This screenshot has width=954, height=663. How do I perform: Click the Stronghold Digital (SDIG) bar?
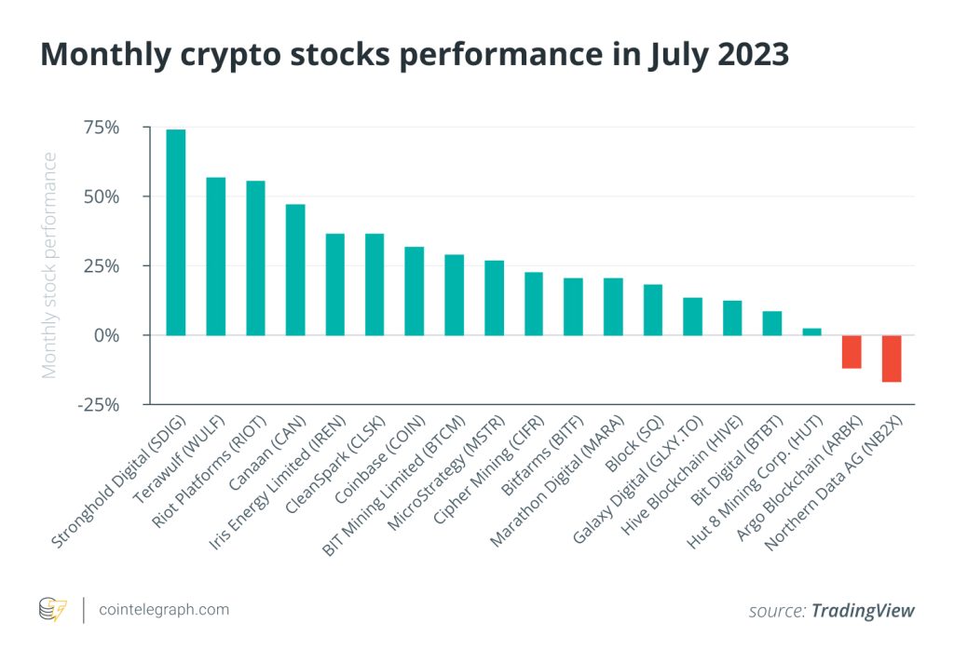(x=175, y=232)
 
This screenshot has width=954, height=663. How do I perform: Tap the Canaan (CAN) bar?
(x=295, y=269)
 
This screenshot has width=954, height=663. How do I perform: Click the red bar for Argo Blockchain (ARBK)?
(x=852, y=352)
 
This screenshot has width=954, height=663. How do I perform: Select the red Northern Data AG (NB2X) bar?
(x=892, y=359)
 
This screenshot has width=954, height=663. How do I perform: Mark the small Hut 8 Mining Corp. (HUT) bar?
(x=811, y=331)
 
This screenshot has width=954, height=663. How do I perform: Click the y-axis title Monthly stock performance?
(x=49, y=265)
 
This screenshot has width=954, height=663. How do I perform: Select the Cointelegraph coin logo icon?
(x=52, y=610)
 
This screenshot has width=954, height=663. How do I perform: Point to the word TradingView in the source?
(x=863, y=611)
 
